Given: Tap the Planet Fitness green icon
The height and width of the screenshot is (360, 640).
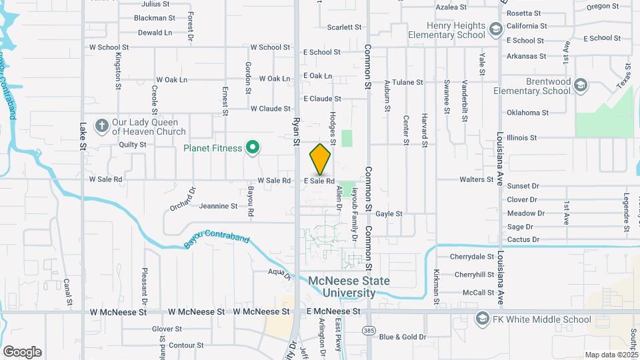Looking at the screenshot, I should click(253, 148).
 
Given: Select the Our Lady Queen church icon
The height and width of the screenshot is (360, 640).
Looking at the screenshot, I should click(101, 126).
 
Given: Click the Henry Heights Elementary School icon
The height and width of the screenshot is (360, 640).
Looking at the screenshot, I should click(495, 29).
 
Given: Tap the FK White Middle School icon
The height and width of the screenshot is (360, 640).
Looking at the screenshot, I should click(481, 320).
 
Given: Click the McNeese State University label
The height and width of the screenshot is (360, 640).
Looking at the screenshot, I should click(349, 287).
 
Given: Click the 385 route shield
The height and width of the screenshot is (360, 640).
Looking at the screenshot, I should click(369, 330).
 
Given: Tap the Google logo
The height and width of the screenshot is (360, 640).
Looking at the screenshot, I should click(22, 351).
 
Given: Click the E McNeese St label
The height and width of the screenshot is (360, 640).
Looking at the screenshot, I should click(333, 311).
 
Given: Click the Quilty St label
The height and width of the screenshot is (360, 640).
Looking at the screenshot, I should click(133, 144).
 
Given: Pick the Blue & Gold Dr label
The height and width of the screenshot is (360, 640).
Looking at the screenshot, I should click(402, 337).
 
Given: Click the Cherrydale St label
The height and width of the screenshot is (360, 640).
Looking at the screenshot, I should click(472, 256).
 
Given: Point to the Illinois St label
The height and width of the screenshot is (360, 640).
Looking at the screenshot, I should click(521, 137).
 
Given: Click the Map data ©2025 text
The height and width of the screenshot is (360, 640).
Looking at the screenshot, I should click(611, 355).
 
